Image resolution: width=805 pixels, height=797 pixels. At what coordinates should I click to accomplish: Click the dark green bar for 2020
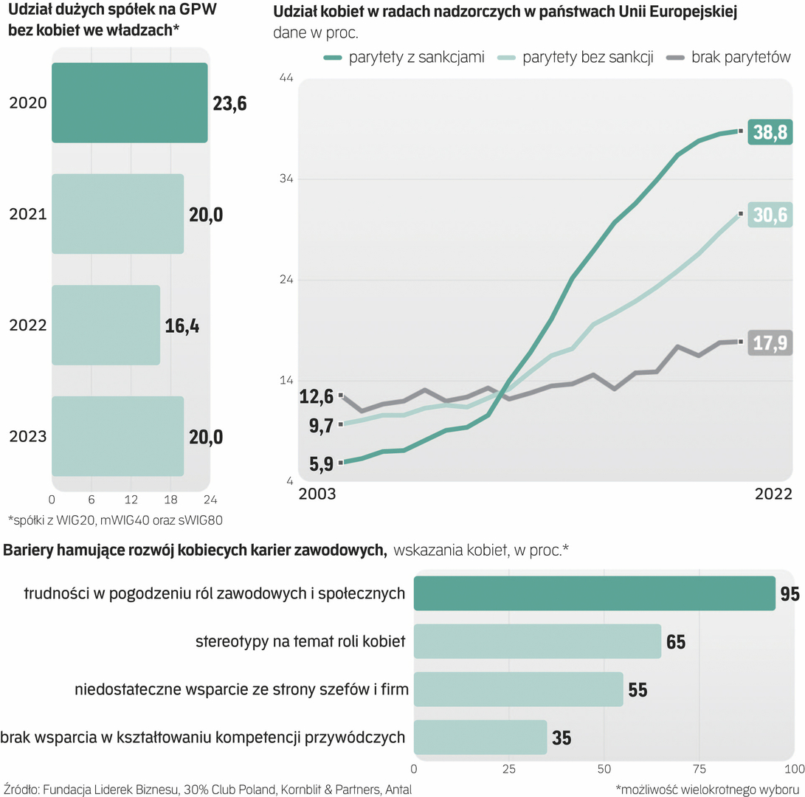click(129, 103)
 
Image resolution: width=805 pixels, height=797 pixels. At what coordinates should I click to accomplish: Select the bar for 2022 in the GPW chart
click(106, 325)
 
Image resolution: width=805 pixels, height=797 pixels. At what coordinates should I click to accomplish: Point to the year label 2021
click(28, 215)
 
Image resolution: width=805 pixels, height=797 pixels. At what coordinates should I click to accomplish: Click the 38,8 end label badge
click(769, 131)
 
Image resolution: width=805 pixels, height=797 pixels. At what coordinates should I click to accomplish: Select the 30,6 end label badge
click(769, 215)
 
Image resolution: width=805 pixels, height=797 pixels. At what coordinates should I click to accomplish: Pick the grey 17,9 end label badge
click(769, 342)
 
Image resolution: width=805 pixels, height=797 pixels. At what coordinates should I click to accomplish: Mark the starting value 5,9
click(320, 464)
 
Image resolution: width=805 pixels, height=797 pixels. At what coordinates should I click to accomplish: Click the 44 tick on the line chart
click(283, 77)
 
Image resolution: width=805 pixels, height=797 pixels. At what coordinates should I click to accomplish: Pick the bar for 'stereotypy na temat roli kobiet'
click(537, 641)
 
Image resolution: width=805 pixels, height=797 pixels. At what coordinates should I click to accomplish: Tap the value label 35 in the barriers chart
click(562, 737)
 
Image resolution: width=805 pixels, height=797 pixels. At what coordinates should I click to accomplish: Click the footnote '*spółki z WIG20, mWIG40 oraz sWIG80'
click(115, 519)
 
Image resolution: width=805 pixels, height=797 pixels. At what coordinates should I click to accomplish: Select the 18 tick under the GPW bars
click(170, 498)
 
